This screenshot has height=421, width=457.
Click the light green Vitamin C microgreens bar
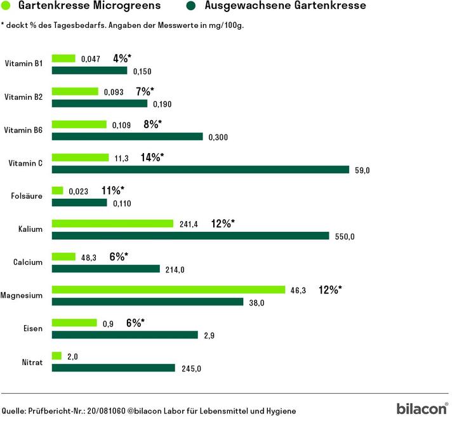pos(80,157)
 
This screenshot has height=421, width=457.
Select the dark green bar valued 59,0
pos(200,170)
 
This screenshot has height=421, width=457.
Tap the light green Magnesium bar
pos(168,290)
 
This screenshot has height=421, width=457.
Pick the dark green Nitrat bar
pos(113,368)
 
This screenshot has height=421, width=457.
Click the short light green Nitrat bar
pos(56,356)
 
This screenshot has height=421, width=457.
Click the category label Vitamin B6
pos(23,130)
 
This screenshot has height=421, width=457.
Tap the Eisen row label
pos(32,328)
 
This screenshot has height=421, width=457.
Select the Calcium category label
pos(28,262)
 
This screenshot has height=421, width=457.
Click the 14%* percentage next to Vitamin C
pos(152,157)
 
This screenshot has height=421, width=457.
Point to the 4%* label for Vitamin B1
pos(122,58)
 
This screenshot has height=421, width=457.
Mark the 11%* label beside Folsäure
pos(113,190)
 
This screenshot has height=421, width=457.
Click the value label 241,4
pos(187,224)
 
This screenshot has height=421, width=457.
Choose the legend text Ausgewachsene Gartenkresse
pos(286,7)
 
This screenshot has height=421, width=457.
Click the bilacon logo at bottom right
pos(421,408)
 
